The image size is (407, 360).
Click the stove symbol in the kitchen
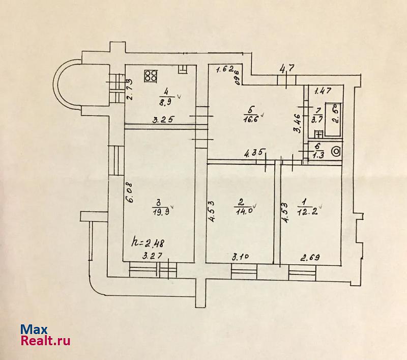pos(150,76)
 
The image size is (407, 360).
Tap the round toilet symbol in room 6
pos(336,152)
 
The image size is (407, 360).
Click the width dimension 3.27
pos(152,257)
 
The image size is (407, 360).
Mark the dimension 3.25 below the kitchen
pos(165,120)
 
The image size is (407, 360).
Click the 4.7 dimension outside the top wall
pos(287,66)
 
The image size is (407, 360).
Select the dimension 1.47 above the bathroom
pos(323,92)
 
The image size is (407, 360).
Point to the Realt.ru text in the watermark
pos(45,341)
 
